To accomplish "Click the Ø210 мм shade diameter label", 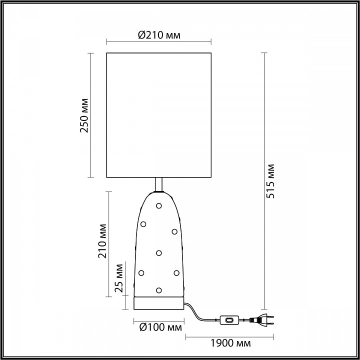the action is [159, 35].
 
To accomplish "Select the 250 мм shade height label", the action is [84, 115].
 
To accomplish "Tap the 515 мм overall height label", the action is [270, 181].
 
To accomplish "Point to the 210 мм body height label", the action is [102, 241].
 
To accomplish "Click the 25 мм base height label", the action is [119, 278].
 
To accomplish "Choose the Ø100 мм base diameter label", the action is [160, 327].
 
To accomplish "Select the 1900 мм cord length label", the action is [230, 343].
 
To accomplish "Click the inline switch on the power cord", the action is [229, 320].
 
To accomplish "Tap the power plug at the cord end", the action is [261, 320].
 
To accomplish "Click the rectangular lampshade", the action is [158, 115].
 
